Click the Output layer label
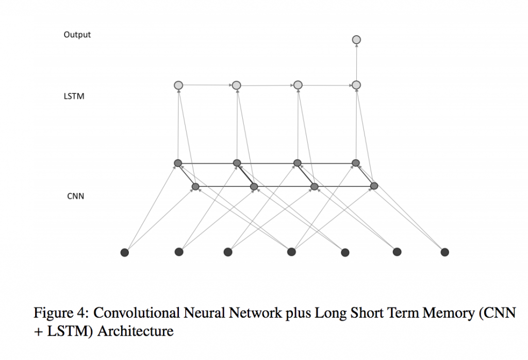[x=77, y=35]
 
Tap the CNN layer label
[x=75, y=196]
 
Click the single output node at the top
[x=356, y=40]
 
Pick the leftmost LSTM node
[x=178, y=85]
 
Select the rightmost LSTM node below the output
[x=356, y=85]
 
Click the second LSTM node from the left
[x=236, y=85]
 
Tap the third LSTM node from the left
[x=298, y=85]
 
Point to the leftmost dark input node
[x=124, y=252]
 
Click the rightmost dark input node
[x=444, y=252]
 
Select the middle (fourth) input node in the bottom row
[x=291, y=252]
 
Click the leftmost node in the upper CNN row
[x=178, y=163]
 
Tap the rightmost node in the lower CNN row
[x=374, y=186]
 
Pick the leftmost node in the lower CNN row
[x=195, y=186]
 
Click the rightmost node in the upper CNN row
[x=355, y=163]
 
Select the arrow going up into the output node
[x=356, y=62]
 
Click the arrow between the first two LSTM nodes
[x=207, y=85]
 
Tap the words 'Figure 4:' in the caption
[x=61, y=314]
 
